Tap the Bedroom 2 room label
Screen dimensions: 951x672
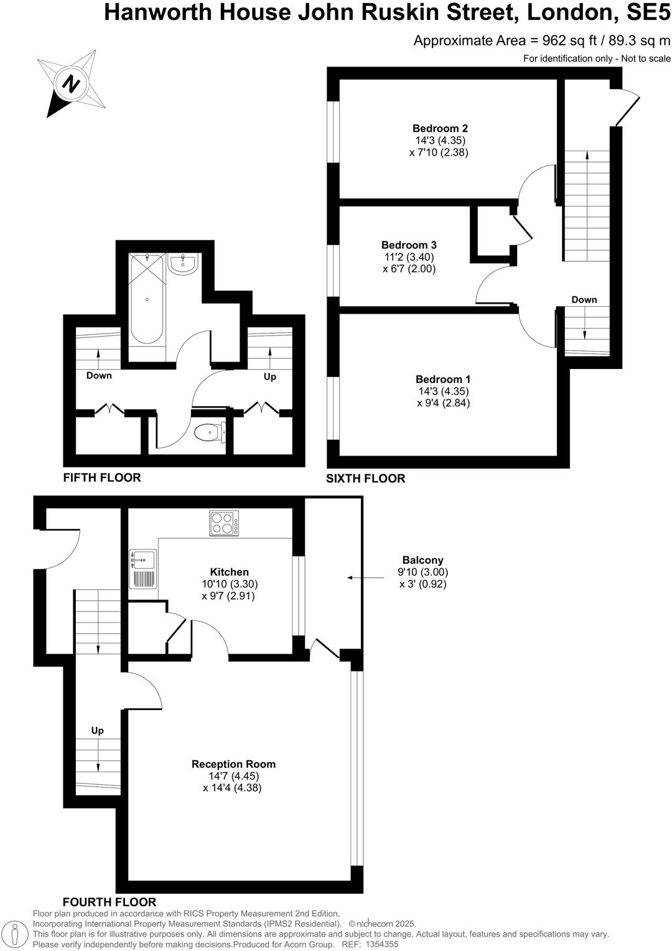click(440, 129)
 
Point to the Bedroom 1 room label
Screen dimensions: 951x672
click(443, 379)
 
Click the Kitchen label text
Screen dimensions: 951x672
click(229, 572)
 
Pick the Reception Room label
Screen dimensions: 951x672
click(233, 764)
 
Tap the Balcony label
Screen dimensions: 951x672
click(422, 560)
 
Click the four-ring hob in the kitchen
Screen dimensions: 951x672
click(224, 523)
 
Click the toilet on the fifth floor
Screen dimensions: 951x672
click(210, 431)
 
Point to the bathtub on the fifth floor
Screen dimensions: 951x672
click(147, 299)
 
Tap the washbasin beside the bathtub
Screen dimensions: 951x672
click(182, 264)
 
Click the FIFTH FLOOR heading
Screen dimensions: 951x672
click(102, 477)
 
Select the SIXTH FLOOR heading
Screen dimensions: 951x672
click(366, 478)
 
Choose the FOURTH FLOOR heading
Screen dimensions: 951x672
click(110, 902)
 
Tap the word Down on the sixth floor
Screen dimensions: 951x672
click(584, 300)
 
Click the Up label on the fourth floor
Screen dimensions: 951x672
click(97, 731)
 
